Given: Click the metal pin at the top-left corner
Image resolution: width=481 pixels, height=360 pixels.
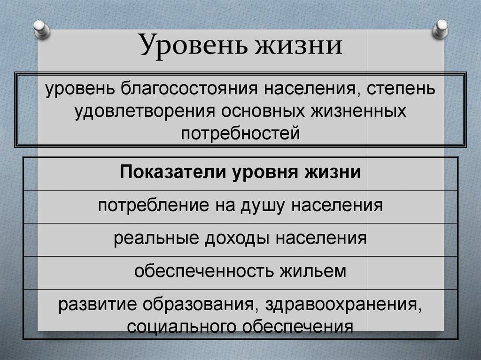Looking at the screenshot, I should (x=42, y=29).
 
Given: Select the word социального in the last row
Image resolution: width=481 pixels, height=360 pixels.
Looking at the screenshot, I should (x=173, y=325).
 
